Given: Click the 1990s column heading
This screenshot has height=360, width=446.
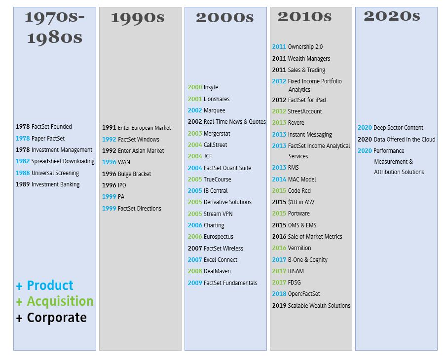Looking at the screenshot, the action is pos(138,18).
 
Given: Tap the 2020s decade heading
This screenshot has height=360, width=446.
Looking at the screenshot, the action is pos(392,16).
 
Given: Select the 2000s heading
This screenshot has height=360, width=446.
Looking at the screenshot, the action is pos(224,18).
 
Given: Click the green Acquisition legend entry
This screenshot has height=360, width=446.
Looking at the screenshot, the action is pos(55,301).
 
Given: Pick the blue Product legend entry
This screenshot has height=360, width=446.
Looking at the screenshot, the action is pos(45,286).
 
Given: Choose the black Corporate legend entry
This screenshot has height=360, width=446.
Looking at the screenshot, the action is pos(51,318).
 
